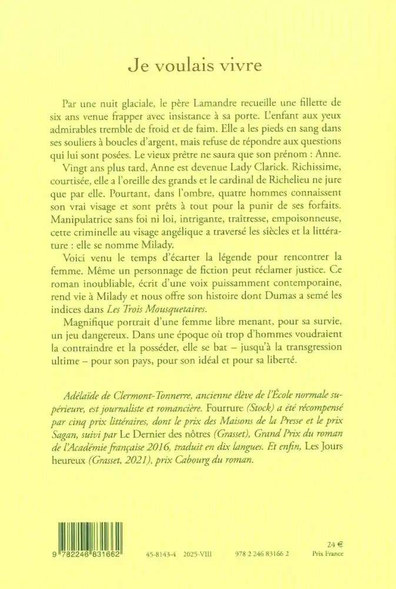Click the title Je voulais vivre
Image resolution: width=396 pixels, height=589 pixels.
[198, 65]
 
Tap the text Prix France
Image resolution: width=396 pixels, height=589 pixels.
[327, 555]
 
